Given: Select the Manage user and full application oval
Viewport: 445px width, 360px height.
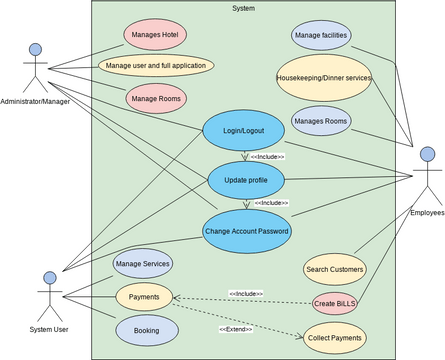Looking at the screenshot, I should (155, 66).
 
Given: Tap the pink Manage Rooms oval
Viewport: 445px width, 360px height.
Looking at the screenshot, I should (155, 98).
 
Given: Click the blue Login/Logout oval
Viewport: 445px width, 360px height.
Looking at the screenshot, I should (246, 131).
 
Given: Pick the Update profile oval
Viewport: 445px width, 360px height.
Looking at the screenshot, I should (246, 179).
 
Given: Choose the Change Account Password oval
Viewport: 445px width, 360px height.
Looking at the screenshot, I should (246, 230).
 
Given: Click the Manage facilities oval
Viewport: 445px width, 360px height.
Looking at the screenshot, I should (320, 36).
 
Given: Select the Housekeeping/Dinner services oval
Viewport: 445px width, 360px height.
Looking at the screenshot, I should (322, 76).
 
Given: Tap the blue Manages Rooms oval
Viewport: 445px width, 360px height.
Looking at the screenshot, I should (320, 121).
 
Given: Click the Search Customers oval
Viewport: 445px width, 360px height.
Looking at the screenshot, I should (334, 268).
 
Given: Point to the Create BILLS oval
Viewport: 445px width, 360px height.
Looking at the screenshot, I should (334, 303).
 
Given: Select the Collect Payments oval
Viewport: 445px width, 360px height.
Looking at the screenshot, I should (334, 337).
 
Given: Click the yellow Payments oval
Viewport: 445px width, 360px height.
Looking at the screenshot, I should (145, 296).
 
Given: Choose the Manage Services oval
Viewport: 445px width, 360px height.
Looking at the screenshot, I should (143, 264).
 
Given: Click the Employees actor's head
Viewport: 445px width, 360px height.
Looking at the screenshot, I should (428, 154).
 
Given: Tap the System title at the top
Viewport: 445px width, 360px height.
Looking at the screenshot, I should (242, 8).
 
